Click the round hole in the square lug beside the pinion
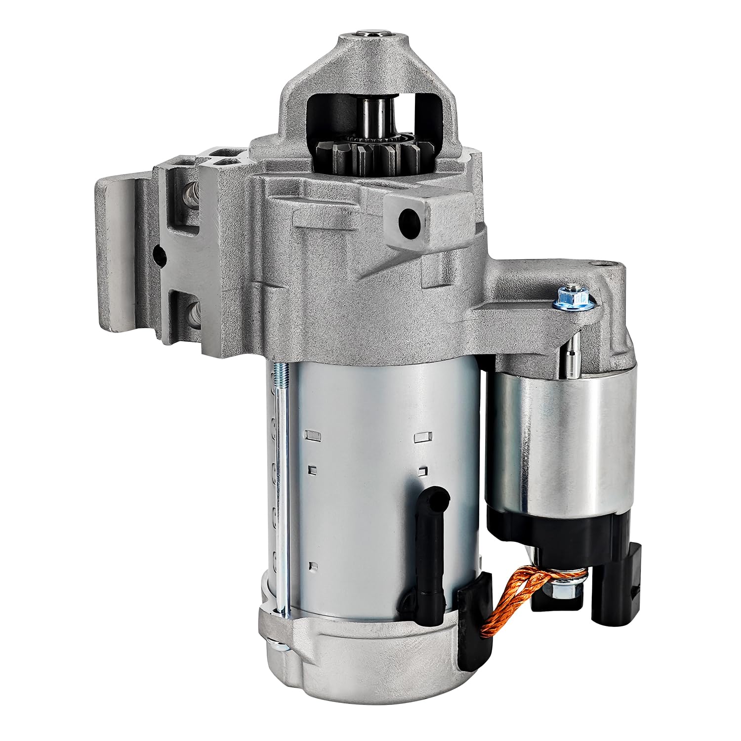pos(409,216)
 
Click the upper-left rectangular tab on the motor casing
pos(312,435)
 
